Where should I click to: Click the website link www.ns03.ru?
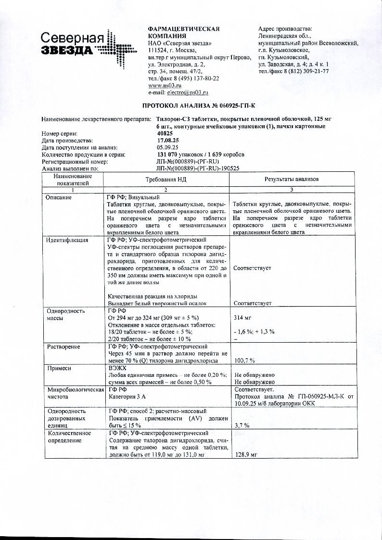click(x=161, y=85)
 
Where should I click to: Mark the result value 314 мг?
click(x=241, y=319)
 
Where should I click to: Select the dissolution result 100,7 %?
click(x=244, y=360)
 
